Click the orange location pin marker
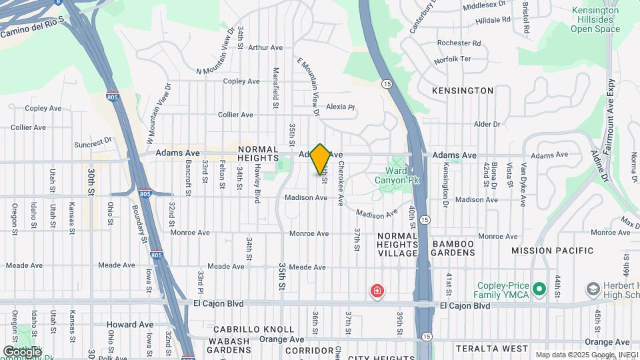pyautogui.click(x=320, y=159)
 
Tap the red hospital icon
pyautogui.click(x=377, y=291)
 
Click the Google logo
pyautogui.click(x=21, y=351)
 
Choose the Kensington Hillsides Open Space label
pyautogui.click(x=595, y=20)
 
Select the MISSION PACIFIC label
pyautogui.click(x=552, y=251)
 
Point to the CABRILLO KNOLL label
pyautogui.click(x=253, y=329)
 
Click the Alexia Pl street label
pyautogui.click(x=341, y=107)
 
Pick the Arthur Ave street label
pyautogui.click(x=265, y=47)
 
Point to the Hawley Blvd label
pyautogui.click(x=257, y=183)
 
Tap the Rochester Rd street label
pyautogui.click(x=459, y=43)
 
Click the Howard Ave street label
pyautogui.click(x=130, y=325)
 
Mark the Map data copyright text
pyautogui.click(x=586, y=355)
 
